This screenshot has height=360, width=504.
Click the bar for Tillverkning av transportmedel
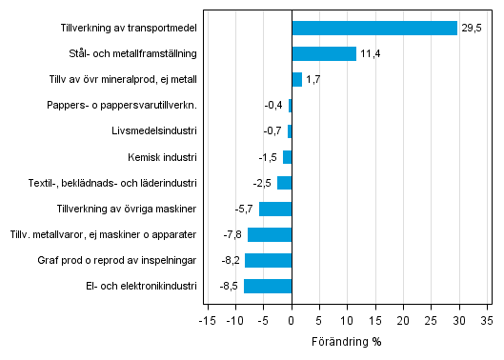tap(374, 28)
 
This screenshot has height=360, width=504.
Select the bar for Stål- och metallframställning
tap(324, 53)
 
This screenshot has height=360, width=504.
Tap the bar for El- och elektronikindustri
tap(268, 286)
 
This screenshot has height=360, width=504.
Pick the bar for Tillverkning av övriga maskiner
tap(275, 209)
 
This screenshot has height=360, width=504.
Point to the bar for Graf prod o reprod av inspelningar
tap(269, 260)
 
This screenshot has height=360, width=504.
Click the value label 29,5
tap(472, 29)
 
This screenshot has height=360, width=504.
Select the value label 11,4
tap(371, 54)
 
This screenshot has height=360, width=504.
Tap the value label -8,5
tap(230, 286)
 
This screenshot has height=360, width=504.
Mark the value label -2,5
tap(263, 183)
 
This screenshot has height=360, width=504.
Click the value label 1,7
tap(313, 80)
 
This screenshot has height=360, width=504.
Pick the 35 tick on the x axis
tap(486, 321)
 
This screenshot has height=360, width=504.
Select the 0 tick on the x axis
tap(292, 321)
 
